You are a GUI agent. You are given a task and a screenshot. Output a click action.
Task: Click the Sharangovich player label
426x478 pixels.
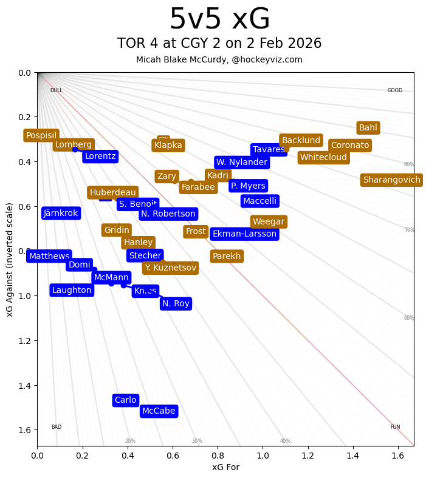[391, 180]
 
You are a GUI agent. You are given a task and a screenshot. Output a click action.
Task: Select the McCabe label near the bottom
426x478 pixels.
[159, 411]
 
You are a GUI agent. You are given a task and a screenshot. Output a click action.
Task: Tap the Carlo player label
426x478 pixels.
[126, 400]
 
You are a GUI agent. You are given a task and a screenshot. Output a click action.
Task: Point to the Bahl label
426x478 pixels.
[368, 127]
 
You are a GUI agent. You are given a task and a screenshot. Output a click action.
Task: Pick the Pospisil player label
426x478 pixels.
[41, 135]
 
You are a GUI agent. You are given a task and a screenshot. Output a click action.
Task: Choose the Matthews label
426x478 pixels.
[49, 257]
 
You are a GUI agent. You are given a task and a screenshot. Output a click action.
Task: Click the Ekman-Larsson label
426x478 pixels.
[244, 234]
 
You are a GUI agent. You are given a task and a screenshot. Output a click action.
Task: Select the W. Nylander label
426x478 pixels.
[242, 162]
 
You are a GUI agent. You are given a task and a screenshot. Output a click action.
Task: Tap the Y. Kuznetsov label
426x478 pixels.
[171, 268]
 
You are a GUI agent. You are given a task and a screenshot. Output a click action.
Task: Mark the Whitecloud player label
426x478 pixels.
[323, 158]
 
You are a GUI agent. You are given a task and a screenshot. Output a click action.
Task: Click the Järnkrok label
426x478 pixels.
[61, 213]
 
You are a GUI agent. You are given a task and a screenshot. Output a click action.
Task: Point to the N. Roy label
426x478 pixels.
[176, 303]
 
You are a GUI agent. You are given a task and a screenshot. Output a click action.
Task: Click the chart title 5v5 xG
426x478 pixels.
[219, 19]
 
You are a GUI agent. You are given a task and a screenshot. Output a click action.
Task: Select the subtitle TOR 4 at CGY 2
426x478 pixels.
[219, 44]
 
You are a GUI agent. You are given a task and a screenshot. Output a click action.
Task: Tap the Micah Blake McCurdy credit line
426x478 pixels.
[219, 59]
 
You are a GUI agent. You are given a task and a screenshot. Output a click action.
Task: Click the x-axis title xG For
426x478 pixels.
[225, 466]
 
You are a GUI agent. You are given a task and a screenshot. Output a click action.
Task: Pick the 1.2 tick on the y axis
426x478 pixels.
[24, 341]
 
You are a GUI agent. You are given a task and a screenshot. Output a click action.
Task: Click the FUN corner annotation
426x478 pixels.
[395, 427]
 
